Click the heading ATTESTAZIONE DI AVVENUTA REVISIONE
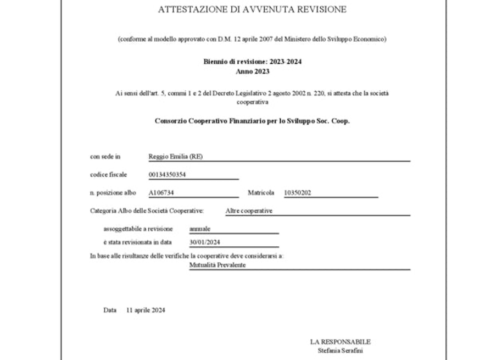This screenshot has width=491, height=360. (252, 9)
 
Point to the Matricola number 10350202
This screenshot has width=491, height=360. (297, 193)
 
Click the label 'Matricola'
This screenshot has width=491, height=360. (261, 193)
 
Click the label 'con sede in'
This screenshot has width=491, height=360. (105, 157)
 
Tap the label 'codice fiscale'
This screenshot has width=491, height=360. (108, 175)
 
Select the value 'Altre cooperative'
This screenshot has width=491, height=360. (249, 211)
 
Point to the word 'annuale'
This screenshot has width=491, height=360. (200, 229)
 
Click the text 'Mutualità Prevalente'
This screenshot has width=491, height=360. (217, 265)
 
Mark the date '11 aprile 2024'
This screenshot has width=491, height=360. (146, 310)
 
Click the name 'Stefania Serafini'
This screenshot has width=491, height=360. (340, 351)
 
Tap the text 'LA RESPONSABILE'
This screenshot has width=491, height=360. (340, 342)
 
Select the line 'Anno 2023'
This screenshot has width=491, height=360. (252, 72)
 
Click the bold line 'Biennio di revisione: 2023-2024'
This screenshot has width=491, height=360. (252, 62)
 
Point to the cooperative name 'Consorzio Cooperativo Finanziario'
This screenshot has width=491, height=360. (211, 121)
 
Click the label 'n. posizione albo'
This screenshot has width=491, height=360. (113, 193)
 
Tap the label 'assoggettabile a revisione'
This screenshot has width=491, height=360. (138, 229)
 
